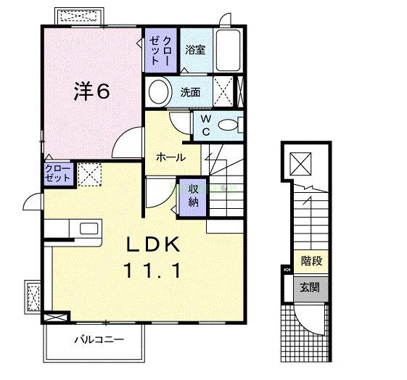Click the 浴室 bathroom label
pyautogui.click(x=194, y=50)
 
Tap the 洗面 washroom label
pyautogui.click(x=191, y=92)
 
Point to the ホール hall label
pyautogui.click(x=171, y=157)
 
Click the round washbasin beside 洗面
pyautogui.click(x=158, y=92)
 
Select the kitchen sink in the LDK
pyautogui.click(x=88, y=228)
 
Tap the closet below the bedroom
pyautogui.click(x=58, y=174)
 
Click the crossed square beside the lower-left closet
pyautogui.click(x=90, y=174)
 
